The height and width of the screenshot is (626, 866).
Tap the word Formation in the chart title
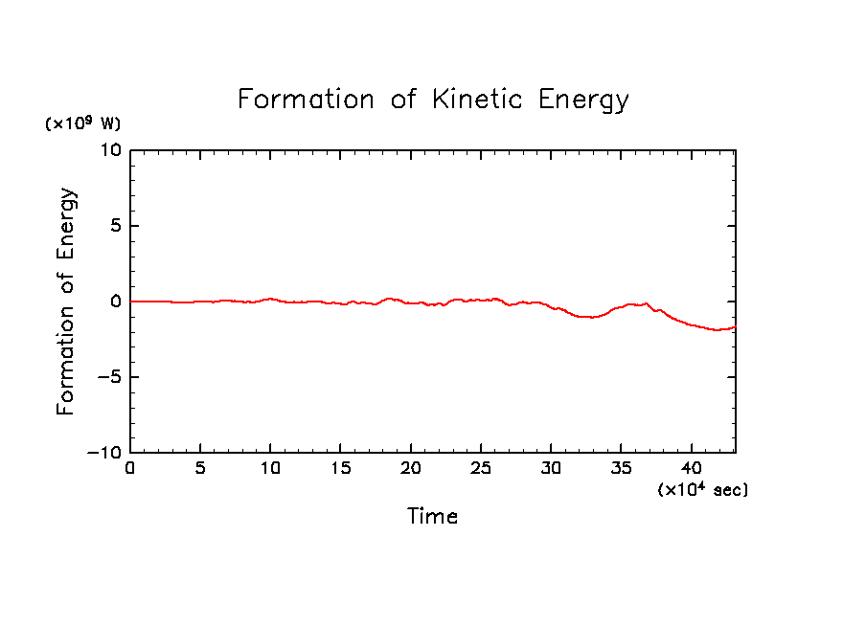point(306,100)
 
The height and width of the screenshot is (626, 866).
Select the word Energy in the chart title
point(582,101)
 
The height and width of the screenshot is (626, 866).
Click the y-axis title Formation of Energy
point(65,302)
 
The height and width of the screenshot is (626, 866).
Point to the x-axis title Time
point(433,517)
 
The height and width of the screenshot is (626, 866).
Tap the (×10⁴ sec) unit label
point(703,489)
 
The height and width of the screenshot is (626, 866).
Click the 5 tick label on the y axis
point(115,227)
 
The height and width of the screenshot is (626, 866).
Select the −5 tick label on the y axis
point(108,377)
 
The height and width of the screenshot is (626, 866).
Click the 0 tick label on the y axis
point(115,302)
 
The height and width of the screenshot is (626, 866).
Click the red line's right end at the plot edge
point(735,327)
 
